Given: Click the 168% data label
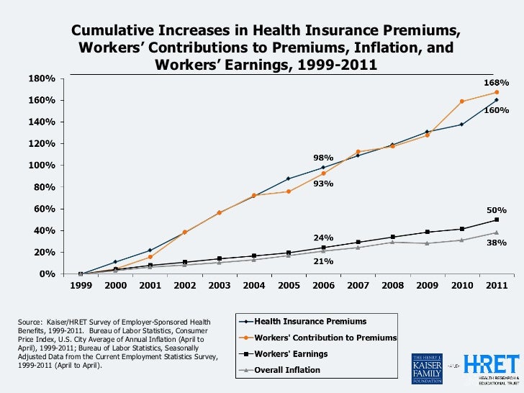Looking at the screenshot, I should (497, 83).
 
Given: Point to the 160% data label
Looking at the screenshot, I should (497, 111).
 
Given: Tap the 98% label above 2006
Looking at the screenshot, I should (322, 157).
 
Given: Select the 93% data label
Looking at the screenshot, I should (322, 184).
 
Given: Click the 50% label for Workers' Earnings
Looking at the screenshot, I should (497, 209).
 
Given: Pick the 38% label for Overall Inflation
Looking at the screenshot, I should (497, 243).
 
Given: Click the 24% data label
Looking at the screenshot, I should (322, 238).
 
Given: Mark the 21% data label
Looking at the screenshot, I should (322, 261).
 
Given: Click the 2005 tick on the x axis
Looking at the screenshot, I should (288, 285).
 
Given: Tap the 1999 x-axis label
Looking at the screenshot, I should (81, 285).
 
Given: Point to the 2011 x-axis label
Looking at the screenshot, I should (496, 285).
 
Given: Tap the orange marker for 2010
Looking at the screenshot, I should (461, 101).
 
